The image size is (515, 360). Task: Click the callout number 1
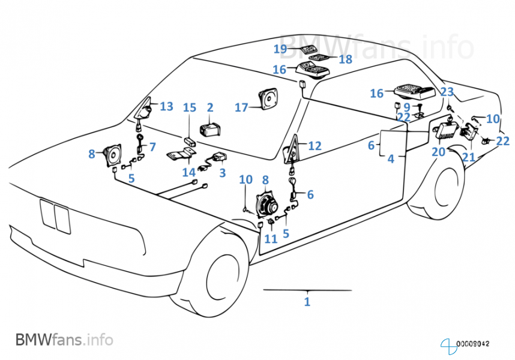pos(307,302)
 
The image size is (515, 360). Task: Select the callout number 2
pos(210,108)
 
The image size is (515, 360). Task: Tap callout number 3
pos(222,173)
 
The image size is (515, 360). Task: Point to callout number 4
pos(391,160)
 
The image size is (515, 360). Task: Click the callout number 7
pos(152,146)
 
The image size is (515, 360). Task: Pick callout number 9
pos(406,107)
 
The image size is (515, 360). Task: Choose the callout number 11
pos(271,239)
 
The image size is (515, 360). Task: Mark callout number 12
pos(315,146)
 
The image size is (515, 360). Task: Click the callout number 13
pos(166,107)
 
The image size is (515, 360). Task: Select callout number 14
pos(189,172)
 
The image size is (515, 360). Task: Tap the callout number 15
pos(189,108)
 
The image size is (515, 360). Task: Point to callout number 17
pos(241,108)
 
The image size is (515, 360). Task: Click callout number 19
pos(280,49)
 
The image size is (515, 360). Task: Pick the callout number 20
pos(438,152)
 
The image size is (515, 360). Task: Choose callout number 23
pos(447,92)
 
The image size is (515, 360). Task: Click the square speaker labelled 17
pos(267,99)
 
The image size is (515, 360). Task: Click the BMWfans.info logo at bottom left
pos(64,339)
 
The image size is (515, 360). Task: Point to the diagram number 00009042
pos(474,344)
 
